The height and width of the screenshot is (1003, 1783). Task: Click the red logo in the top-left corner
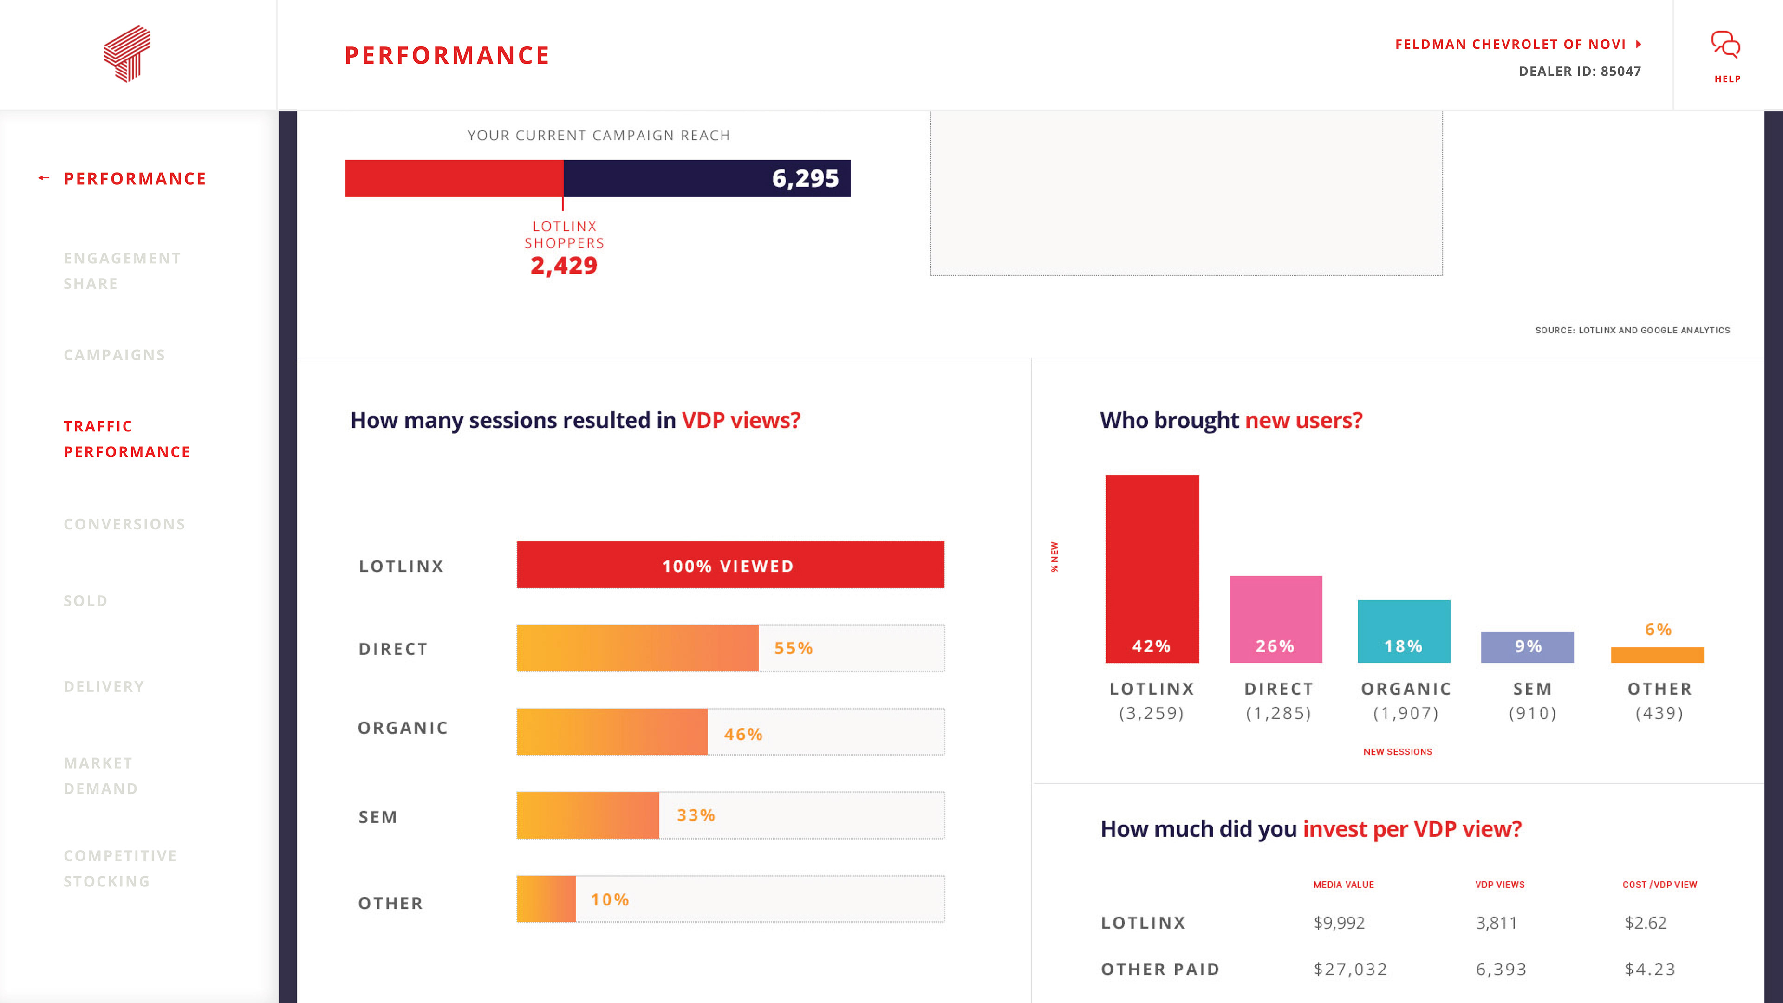tap(127, 53)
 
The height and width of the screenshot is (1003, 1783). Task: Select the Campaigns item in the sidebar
tap(114, 355)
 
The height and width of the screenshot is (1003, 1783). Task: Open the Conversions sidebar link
tap(124, 524)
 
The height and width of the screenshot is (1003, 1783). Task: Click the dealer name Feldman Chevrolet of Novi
tap(1510, 44)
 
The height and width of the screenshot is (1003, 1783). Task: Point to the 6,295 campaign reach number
tap(805, 179)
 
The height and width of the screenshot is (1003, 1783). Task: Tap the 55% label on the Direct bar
tap(793, 649)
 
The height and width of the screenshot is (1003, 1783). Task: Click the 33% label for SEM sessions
tap(696, 815)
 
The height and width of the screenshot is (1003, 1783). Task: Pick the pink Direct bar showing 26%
tap(1275, 619)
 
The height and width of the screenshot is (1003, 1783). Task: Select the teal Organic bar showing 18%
tap(1404, 632)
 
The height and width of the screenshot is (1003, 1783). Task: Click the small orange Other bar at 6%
tap(1657, 655)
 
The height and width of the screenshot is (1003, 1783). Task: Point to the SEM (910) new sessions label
tap(1532, 701)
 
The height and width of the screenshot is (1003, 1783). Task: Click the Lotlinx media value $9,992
tap(1339, 923)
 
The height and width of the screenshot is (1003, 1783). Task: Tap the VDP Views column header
tap(1499, 885)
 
